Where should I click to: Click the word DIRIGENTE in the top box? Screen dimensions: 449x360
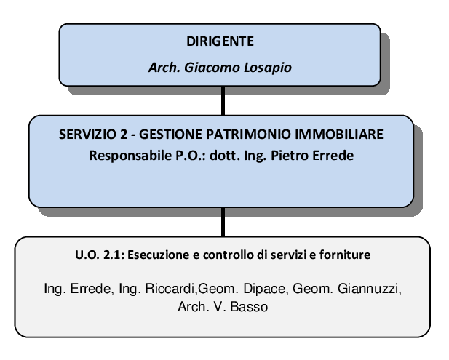point(220,41)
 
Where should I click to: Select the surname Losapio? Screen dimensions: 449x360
point(268,68)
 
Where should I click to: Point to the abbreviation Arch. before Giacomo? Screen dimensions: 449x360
point(164,68)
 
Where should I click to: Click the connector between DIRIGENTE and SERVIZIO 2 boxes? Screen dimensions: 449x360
point(223,101)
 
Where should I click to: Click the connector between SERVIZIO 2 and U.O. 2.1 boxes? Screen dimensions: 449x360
point(223,222)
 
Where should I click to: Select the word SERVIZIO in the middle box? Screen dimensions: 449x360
point(85,135)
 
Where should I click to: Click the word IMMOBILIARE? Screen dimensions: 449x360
point(339,135)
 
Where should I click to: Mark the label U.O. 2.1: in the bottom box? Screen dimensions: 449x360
point(100,255)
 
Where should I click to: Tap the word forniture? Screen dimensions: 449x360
point(345,255)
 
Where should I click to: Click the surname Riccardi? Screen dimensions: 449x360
point(171,289)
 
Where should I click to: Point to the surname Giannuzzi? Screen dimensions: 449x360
point(370,289)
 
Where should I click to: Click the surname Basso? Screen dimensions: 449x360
point(249,307)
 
